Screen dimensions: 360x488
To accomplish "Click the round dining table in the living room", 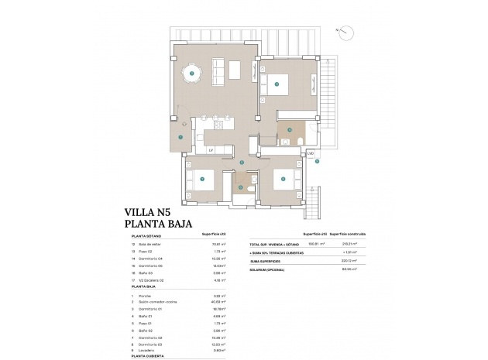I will click(191, 74).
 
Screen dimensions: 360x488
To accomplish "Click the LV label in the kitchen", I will click(210, 150).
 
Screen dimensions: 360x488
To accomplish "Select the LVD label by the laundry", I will click(311, 154).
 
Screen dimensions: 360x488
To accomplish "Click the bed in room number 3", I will click(280, 84).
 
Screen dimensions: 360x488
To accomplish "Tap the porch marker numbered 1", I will click(180, 137).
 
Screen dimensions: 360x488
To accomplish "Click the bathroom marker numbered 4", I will click(289, 130).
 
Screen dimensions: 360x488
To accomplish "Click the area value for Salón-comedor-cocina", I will click(218, 303).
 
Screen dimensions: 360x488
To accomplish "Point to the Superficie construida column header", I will click(347, 233).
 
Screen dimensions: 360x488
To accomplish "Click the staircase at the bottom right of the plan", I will click(314, 203).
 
